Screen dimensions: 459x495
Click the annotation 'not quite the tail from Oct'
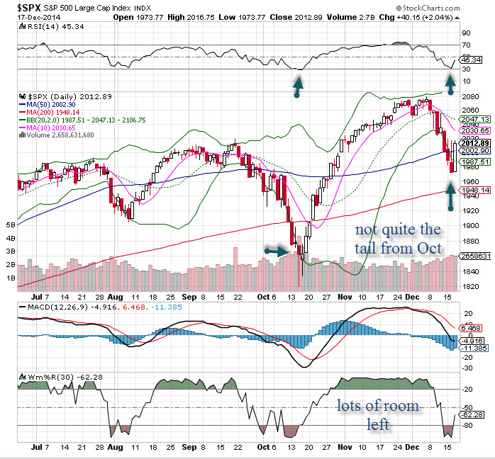pos(399,238)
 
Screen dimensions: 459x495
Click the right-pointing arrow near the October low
pos(276,249)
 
